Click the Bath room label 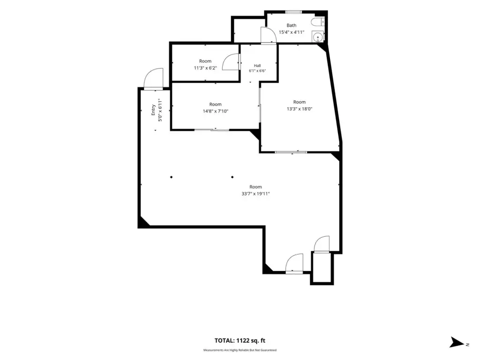coord(292,25)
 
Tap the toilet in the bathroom coord(317,22)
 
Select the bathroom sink coord(318,37)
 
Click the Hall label coord(257,66)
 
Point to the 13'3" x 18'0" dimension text coord(300,109)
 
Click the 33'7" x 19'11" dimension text coord(255,194)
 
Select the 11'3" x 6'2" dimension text coord(205,68)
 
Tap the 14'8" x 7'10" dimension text coord(216,111)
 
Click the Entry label coord(153,110)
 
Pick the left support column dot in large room coord(172,177)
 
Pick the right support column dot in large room coord(232,177)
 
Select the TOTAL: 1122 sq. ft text coord(240,340)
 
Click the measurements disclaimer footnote coord(240,350)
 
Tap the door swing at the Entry coord(153,79)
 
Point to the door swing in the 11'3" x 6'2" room coord(231,62)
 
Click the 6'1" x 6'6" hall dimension coord(257,71)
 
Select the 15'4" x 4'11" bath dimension coord(292,32)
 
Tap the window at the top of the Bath coord(294,12)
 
